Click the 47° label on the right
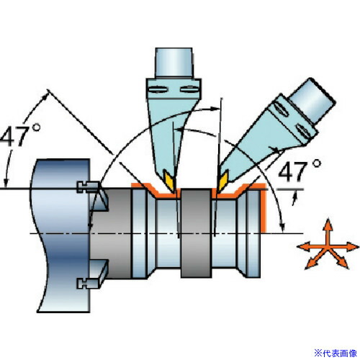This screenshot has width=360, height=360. (x=300, y=171)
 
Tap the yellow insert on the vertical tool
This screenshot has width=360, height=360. (x=171, y=181)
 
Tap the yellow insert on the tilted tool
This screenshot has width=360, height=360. (x=222, y=181)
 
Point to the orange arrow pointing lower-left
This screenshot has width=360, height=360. (x=315, y=260)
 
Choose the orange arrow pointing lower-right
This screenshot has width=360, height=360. (x=339, y=258)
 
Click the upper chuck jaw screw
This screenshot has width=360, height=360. (x=88, y=187)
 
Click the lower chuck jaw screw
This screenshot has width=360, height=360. (x=88, y=284)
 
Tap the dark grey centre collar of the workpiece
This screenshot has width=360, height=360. (x=197, y=233)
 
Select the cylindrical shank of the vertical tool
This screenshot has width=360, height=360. (x=174, y=63)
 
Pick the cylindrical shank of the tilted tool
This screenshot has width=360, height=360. (x=312, y=101)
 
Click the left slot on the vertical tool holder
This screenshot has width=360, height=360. (x=158, y=90)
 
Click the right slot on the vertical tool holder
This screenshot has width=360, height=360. (x=189, y=90)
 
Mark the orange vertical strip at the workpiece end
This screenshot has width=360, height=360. (x=264, y=209)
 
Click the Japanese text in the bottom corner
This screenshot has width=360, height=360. (x=336, y=354)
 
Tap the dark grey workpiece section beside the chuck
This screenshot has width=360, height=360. (x=111, y=233)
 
